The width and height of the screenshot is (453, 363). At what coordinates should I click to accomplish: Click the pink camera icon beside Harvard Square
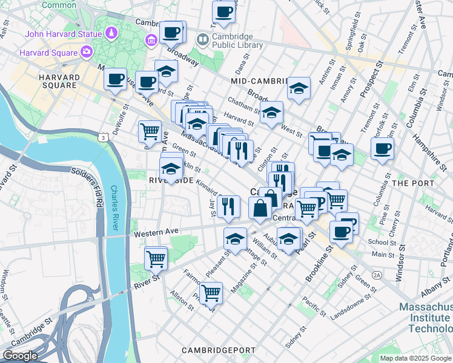pyautogui.click(x=86, y=52)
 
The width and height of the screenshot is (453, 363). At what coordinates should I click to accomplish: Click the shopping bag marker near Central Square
pyautogui.click(x=260, y=208)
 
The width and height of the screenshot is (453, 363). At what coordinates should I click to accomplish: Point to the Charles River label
pyautogui.click(x=114, y=208)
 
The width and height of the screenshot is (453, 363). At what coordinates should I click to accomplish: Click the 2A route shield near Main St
pyautogui.click(x=377, y=275)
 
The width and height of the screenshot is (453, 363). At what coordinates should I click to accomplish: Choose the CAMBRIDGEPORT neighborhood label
pyautogui.click(x=214, y=350)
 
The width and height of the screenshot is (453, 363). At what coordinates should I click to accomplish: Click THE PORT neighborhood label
pyautogui.click(x=412, y=183)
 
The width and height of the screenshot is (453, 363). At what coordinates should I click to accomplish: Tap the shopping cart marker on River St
pyautogui.click(x=156, y=258)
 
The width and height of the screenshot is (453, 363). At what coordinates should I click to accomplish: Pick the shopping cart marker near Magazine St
pyautogui.click(x=211, y=293)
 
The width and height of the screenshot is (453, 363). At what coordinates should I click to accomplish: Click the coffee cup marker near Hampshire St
pyautogui.click(x=382, y=148)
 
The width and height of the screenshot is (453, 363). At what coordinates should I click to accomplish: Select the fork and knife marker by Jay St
pyautogui.click(x=228, y=206)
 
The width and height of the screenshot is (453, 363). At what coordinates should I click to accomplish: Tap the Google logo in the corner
pyautogui.click(x=21, y=356)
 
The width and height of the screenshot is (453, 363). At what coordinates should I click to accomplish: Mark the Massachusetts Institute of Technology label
pyautogui.click(x=425, y=318)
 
